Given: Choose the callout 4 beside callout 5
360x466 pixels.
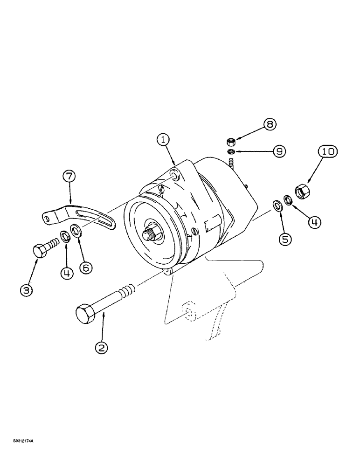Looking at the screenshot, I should click(x=314, y=223).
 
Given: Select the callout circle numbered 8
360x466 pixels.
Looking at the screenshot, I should click(x=270, y=124).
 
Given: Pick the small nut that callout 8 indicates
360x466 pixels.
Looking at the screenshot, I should click(x=230, y=141).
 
